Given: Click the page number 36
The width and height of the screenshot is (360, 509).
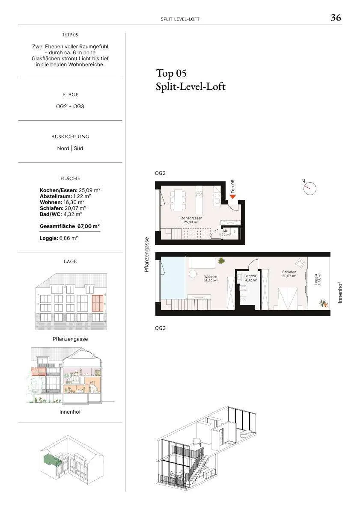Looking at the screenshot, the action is pos(336,18).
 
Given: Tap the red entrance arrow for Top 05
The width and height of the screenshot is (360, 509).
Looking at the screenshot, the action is pos(233,196).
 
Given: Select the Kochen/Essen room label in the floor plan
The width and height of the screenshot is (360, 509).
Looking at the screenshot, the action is pos(191,220).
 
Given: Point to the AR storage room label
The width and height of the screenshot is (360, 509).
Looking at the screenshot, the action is pos(225,233).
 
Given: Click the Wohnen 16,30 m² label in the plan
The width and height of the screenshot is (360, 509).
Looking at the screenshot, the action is pos(211,279).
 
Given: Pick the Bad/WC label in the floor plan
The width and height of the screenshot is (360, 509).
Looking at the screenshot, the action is pos(251,278).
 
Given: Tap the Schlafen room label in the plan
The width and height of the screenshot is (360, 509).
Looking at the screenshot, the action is pos(289,274).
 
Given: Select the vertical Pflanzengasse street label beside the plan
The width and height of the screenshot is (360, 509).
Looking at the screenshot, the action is pos(146,254).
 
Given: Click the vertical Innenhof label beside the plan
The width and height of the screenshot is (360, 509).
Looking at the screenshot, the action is pos(340,293).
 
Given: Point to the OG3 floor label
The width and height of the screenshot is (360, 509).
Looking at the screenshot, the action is pos(160,328).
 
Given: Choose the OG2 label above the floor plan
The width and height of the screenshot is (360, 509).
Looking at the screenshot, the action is pos(160,173).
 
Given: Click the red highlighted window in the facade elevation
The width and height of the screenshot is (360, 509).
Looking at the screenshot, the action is pos(98,303).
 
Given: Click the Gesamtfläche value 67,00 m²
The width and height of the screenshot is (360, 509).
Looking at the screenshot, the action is pos(88,226).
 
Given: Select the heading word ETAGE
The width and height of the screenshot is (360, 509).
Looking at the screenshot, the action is pos(70,95).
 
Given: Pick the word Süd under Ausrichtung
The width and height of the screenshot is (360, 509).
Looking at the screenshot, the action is pos(78,148).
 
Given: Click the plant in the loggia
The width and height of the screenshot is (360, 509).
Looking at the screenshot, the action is pos(323,304).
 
